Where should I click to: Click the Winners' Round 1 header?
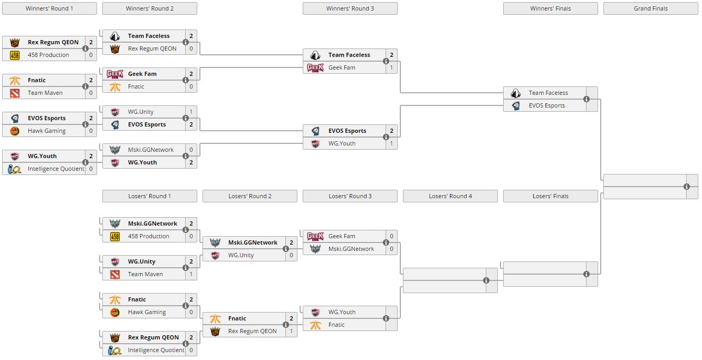pos(50,8)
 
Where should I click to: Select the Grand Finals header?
pos(650,8)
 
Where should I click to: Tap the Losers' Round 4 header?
pos(450,196)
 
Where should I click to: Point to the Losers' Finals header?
pos(550,196)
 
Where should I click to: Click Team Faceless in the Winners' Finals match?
pos(548,93)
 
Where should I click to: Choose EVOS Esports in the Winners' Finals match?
pos(546,105)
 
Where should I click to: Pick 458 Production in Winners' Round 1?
pos(48,55)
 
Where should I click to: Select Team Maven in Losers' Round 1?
pos(145,274)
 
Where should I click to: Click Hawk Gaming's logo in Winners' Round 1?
pos(15,131)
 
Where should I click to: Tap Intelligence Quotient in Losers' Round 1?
pos(156,350)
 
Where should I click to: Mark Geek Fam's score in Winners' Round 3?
pos(391,67)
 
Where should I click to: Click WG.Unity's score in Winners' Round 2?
pos(191,112)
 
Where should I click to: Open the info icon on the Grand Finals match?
pos(687,187)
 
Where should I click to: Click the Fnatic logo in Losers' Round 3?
pos(315,325)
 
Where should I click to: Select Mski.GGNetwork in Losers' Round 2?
pos(253,242)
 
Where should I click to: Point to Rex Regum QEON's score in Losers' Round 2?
pos(291,331)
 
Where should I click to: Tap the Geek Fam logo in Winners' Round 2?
pos(115,74)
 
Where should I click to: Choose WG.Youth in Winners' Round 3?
pos(342,143)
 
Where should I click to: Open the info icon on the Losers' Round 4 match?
pos(486,280)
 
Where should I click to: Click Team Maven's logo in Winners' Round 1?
pos(15,93)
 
